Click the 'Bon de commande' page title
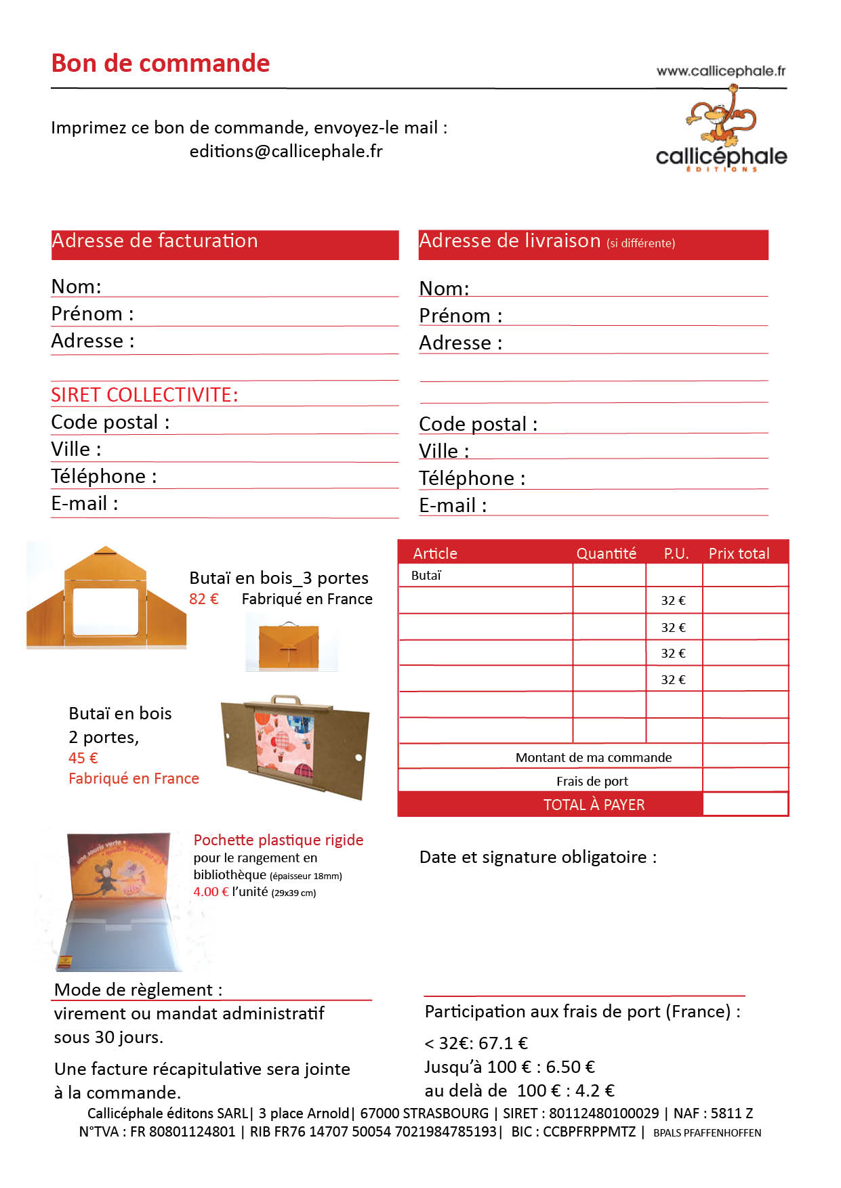click(x=161, y=63)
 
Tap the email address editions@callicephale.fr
click(x=285, y=151)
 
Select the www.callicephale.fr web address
click(x=720, y=71)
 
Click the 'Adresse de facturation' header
click(x=155, y=241)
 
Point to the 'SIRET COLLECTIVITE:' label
click(x=144, y=395)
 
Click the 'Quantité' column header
click(x=606, y=553)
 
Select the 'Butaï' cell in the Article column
click(x=426, y=576)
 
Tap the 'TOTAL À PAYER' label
click(x=594, y=805)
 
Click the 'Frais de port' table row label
click(x=592, y=781)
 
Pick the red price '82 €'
click(x=203, y=599)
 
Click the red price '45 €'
click(x=83, y=758)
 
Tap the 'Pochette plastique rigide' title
click(x=278, y=840)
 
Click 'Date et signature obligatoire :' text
click(x=537, y=857)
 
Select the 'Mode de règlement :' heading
click(x=138, y=990)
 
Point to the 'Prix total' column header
click(x=739, y=553)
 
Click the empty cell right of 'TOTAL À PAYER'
click(x=745, y=804)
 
